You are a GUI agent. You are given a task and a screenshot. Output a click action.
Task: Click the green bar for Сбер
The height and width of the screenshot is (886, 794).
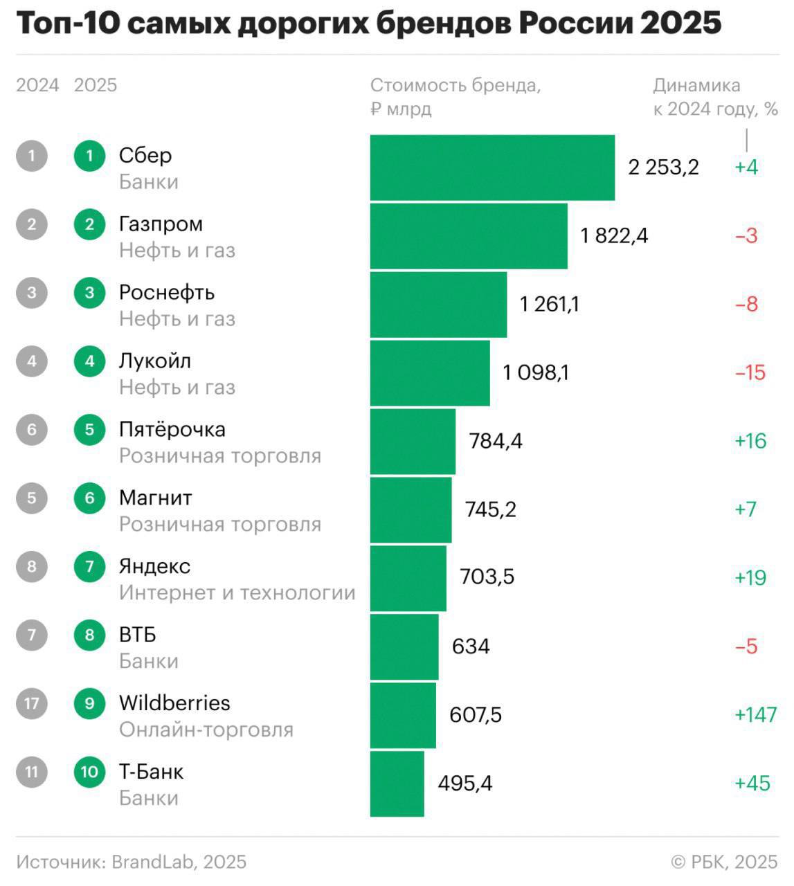(x=492, y=168)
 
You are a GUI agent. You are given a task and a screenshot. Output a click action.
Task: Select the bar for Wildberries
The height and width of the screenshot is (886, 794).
(x=403, y=715)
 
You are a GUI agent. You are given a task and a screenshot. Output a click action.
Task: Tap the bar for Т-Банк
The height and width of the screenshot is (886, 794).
(x=397, y=784)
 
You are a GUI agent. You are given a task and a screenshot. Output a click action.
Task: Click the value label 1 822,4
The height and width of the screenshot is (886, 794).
(x=614, y=236)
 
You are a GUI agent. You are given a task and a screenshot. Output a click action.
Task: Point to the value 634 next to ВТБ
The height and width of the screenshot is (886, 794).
(x=471, y=647)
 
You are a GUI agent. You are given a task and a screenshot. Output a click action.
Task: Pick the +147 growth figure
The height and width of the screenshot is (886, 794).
(x=755, y=714)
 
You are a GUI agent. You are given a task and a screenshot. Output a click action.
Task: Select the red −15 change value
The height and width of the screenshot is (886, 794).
(x=750, y=373)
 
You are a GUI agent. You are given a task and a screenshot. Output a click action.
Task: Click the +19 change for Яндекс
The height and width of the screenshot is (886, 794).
(x=750, y=578)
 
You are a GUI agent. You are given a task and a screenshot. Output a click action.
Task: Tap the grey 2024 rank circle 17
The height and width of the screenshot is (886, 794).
(x=32, y=704)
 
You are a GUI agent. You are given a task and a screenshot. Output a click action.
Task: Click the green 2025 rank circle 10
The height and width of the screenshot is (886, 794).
(x=89, y=772)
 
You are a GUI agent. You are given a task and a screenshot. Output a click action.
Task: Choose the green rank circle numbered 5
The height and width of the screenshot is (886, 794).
(x=89, y=430)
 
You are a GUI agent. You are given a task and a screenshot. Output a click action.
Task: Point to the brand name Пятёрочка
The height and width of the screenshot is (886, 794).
(x=172, y=430)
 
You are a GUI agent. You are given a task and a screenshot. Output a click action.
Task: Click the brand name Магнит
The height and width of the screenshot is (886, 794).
(x=155, y=498)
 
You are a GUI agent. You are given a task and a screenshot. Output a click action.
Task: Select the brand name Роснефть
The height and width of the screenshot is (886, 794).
(x=166, y=293)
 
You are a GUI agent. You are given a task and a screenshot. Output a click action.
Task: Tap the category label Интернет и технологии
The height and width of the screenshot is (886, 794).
(x=237, y=593)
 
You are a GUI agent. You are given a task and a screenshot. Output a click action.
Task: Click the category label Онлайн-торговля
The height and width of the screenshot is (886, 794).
(x=206, y=730)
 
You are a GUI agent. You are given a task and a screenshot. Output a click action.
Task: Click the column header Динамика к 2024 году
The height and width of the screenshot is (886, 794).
(x=715, y=97)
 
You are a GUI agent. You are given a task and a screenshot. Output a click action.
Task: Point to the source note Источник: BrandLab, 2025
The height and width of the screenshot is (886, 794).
(x=131, y=862)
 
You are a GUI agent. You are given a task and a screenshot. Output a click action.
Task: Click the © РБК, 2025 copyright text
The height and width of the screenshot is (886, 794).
(x=724, y=862)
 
